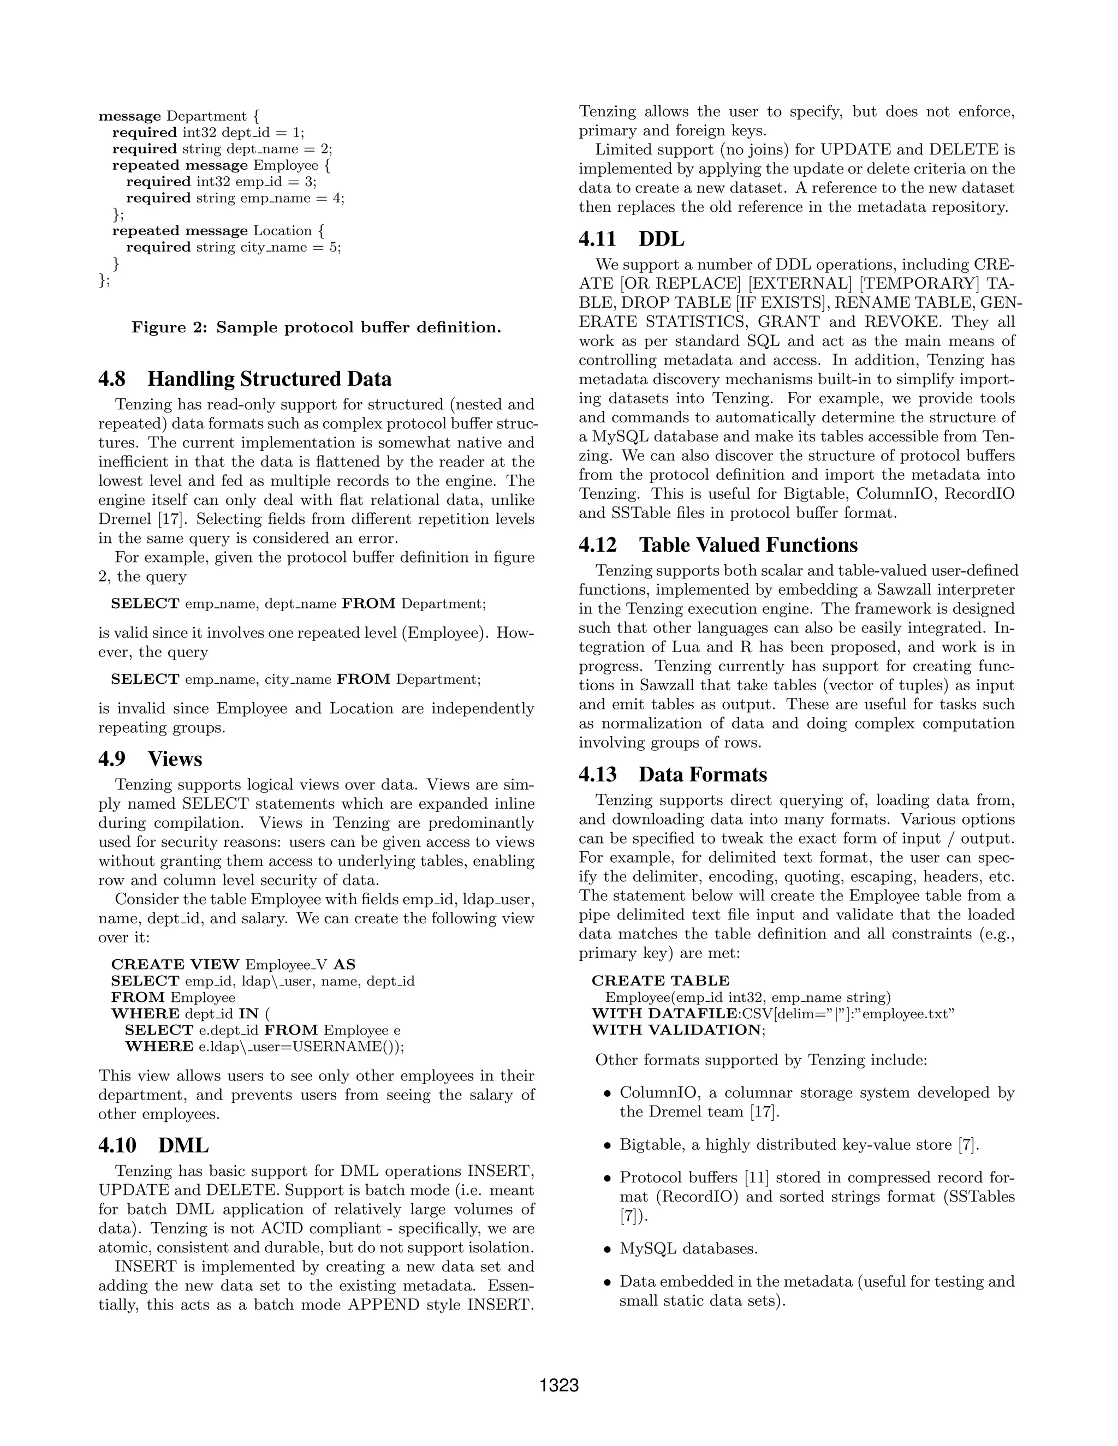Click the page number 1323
point(559,1385)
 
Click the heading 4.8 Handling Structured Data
point(245,379)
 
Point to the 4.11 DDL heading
point(631,239)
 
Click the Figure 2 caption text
point(316,327)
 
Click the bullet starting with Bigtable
point(798,1144)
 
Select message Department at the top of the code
point(172,116)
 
